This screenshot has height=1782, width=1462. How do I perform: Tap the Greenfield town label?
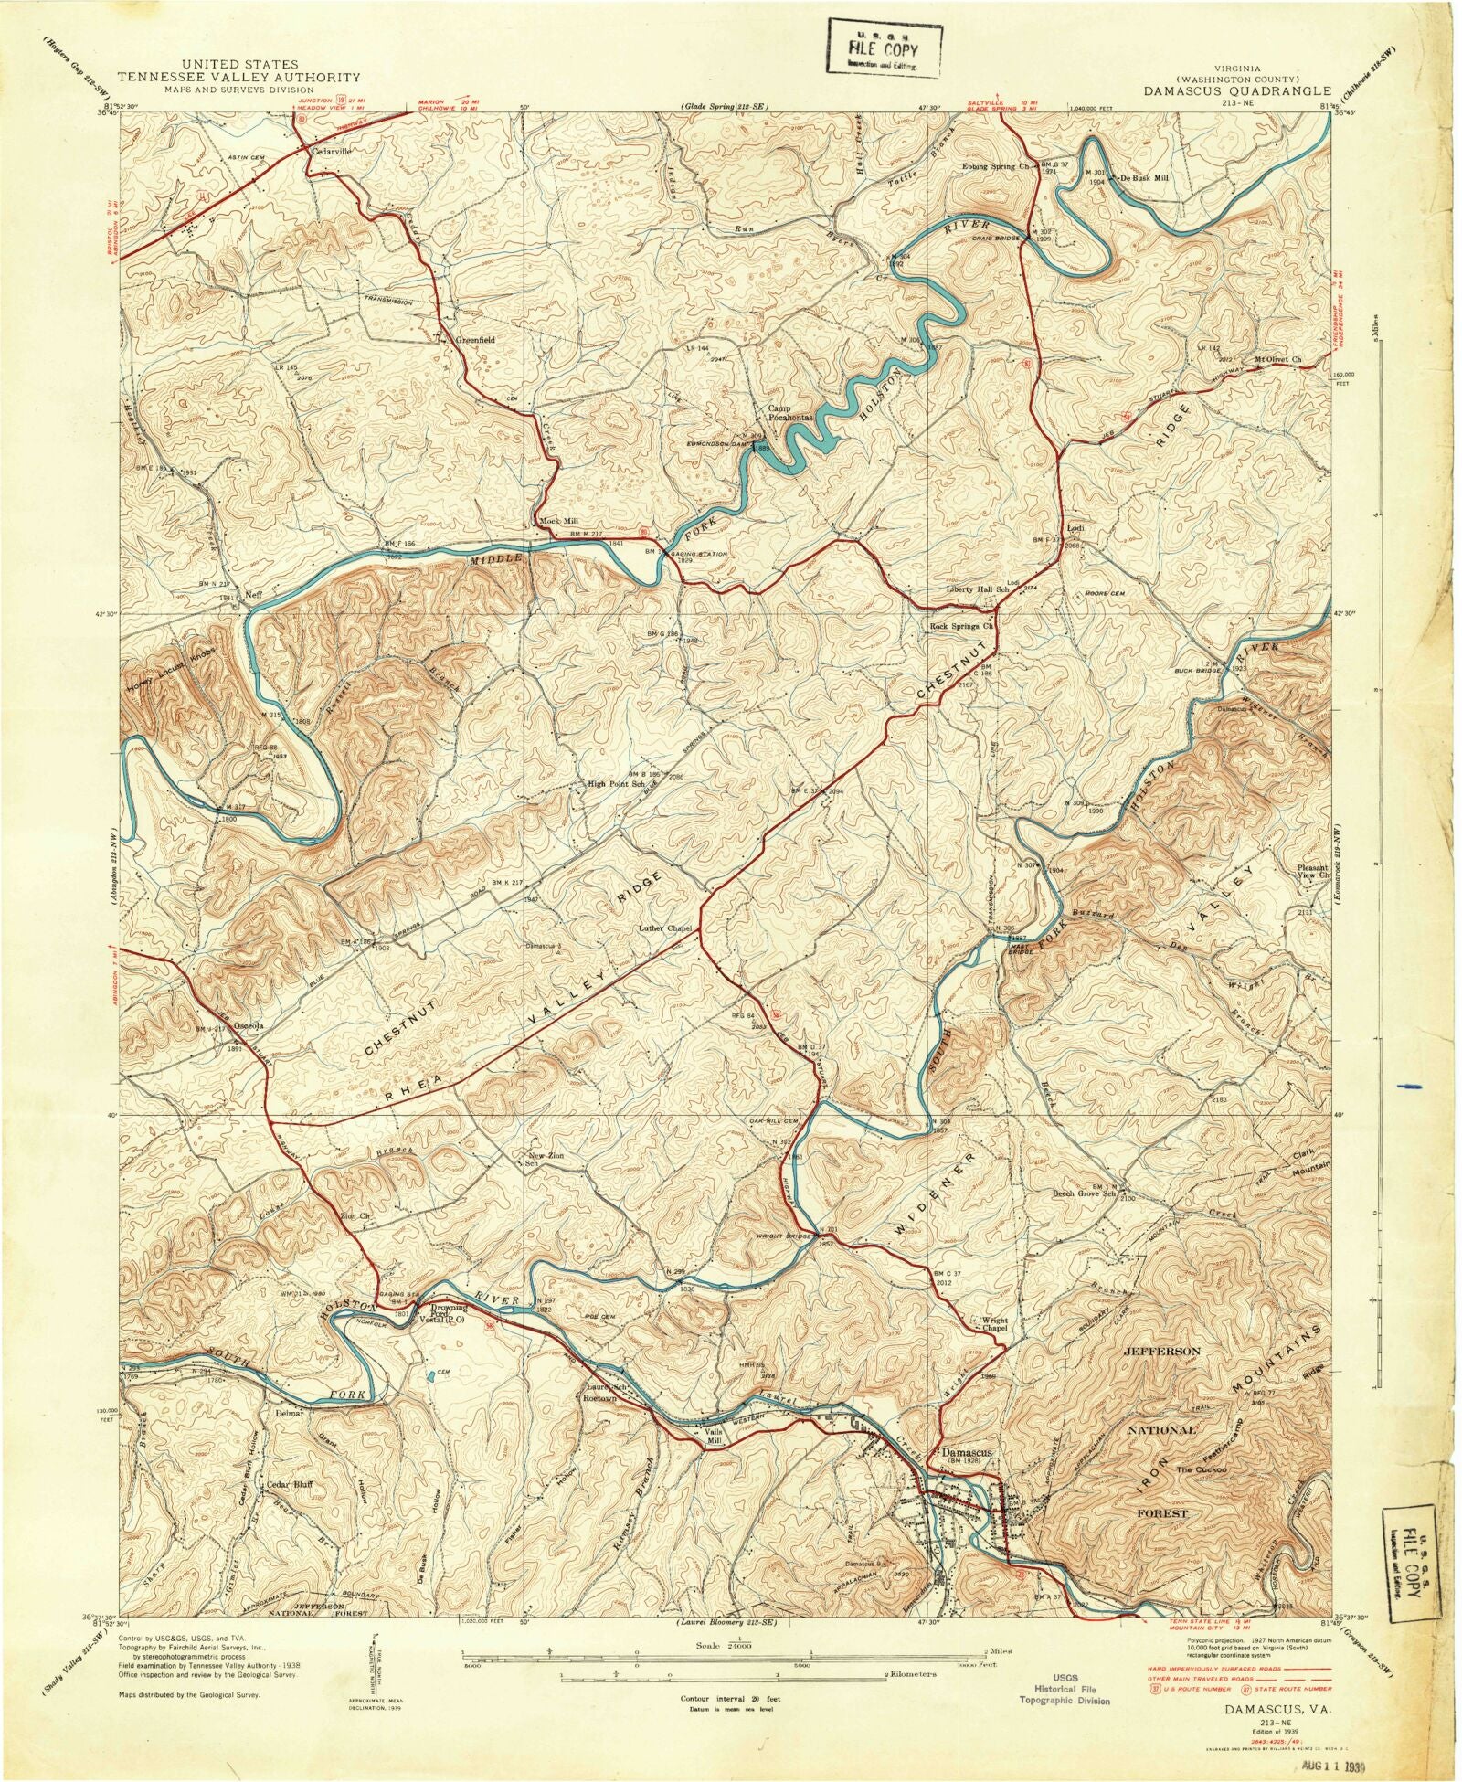pyautogui.click(x=475, y=339)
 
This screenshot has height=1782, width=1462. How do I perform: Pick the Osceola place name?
pyautogui.click(x=249, y=1025)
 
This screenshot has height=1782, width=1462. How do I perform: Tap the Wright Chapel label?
pyautogui.click(x=993, y=1325)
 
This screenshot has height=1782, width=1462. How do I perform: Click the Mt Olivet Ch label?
pyautogui.click(x=1277, y=359)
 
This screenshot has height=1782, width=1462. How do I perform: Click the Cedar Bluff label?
pyautogui.click(x=289, y=1484)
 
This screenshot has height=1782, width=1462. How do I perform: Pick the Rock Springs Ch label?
pyautogui.click(x=960, y=627)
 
